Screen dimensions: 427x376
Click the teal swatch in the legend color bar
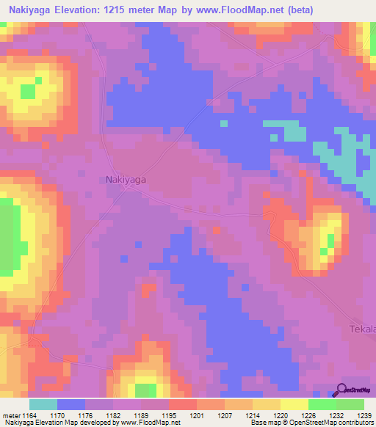point(43,404)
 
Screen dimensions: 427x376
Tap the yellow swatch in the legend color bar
point(294,404)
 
